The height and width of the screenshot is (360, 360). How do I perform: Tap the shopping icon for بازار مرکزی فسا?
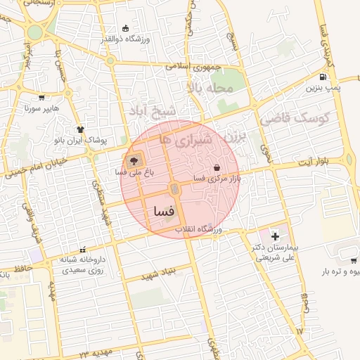(216, 169)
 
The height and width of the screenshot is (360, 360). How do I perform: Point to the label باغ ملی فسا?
(134, 172)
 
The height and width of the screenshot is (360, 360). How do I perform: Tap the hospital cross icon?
(275, 236)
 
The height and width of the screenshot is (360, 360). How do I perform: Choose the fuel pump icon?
(323, 77)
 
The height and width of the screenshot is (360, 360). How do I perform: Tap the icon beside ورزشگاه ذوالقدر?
(125, 28)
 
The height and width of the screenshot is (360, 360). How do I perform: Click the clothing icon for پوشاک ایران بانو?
(80, 129)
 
